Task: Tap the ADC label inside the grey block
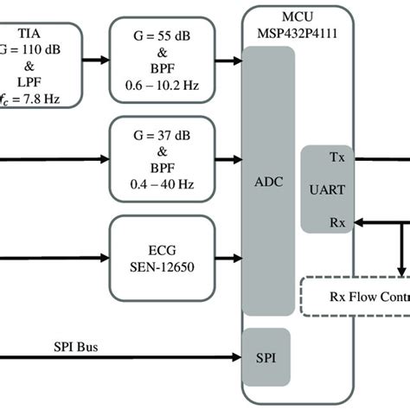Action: (x=268, y=184)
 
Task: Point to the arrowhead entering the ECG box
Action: (x=105, y=257)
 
